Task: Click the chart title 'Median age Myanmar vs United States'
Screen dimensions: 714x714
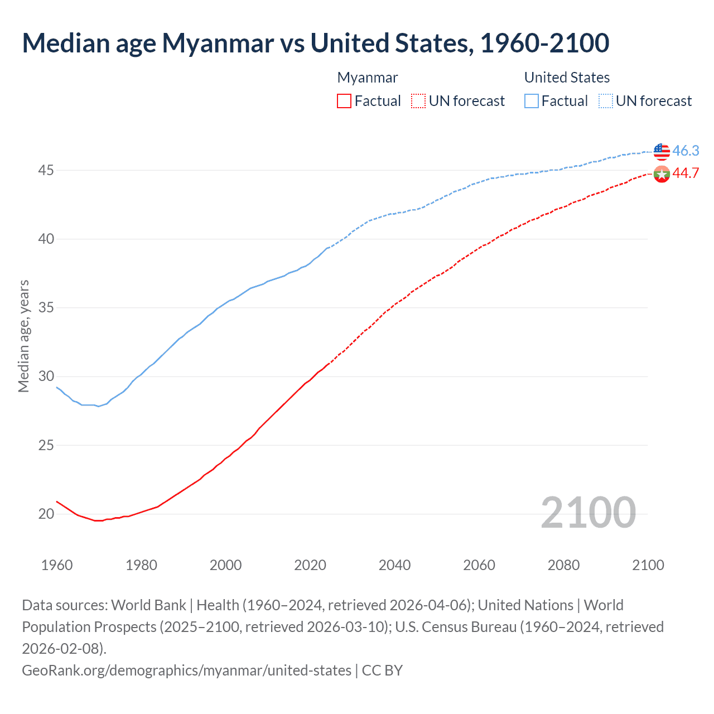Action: [315, 44]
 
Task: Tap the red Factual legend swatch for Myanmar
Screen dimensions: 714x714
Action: [344, 101]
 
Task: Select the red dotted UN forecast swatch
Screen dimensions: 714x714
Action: [418, 101]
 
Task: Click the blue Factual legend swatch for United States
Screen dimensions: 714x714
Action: [532, 101]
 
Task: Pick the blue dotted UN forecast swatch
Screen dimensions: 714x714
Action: [605, 101]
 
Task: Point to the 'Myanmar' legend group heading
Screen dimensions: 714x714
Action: [368, 78]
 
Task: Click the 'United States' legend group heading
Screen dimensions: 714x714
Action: [567, 78]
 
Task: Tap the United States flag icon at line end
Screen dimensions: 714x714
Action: [662, 151]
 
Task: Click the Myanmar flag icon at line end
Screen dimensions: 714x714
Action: [662, 174]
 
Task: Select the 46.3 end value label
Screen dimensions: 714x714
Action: [686, 151]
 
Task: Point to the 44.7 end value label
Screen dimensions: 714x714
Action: [686, 173]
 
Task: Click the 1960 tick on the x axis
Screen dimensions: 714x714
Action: [57, 565]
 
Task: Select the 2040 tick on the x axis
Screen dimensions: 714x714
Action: [394, 565]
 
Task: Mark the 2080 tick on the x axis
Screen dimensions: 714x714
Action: [563, 565]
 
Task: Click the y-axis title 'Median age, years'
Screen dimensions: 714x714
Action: [23, 336]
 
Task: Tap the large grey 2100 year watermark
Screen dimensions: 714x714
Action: [588, 513]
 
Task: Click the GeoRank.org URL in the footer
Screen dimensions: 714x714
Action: [187, 670]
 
